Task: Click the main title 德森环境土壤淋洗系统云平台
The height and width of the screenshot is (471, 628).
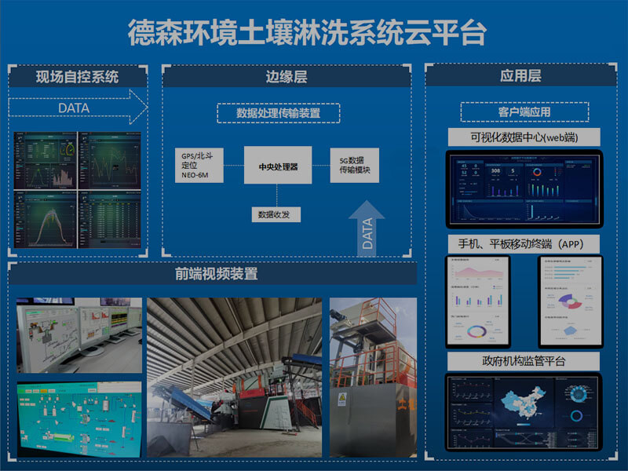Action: [x=307, y=33]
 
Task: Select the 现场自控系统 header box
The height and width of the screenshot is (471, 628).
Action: [x=77, y=77]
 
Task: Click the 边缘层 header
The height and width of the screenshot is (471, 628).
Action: [x=286, y=77]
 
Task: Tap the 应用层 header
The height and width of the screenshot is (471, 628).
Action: [x=520, y=76]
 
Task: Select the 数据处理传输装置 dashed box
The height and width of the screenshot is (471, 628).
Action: [x=278, y=114]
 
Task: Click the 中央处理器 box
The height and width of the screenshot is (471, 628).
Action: [x=278, y=166]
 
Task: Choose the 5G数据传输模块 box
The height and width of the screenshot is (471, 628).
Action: [x=354, y=166]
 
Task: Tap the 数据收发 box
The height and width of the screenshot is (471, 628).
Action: [x=276, y=214]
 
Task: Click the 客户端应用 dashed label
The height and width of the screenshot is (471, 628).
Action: [x=524, y=112]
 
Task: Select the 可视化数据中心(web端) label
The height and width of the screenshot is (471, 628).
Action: [x=524, y=137]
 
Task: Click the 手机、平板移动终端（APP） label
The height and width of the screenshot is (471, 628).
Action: [x=524, y=243]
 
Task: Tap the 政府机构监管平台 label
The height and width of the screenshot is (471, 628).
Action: [x=524, y=361]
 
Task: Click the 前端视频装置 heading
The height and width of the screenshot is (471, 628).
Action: [x=217, y=275]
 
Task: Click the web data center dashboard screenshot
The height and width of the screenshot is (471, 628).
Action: [x=524, y=188]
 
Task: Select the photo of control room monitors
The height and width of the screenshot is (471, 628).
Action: [x=78, y=334]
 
